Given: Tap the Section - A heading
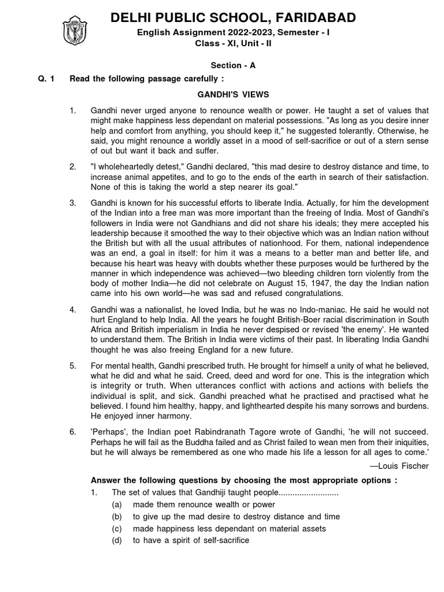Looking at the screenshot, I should coord(232,66).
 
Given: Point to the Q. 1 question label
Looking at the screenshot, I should coord(45,79).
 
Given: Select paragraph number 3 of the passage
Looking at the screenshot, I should coord(73,203).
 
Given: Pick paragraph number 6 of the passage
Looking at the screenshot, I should coord(73,432).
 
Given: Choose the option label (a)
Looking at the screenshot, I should coord(117,505).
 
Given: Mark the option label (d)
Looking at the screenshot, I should coord(117,541).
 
